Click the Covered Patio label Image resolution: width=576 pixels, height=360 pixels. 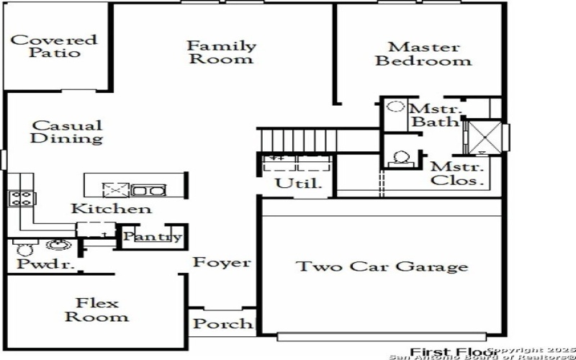coord(53,46)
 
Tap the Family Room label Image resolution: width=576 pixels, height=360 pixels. coord(221,52)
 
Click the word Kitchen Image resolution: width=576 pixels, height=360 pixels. coord(111,209)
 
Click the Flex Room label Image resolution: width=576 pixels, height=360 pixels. coord(97,310)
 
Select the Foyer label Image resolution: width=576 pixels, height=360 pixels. coord(222,263)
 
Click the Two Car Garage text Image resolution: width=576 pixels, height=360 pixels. coord(382,267)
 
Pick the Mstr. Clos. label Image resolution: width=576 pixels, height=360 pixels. coord(456,174)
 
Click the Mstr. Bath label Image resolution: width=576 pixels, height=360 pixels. coord(434,115)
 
